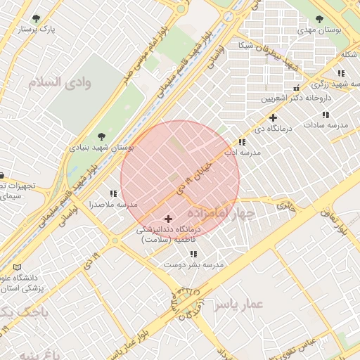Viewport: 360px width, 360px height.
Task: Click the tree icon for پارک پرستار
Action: pos(36,18)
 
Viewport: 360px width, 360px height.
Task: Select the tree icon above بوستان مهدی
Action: pos(319,19)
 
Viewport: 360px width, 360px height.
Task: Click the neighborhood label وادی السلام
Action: pos(60,82)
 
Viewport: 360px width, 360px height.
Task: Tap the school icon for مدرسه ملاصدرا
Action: pos(113,193)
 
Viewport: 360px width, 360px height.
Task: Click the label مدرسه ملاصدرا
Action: pos(112,205)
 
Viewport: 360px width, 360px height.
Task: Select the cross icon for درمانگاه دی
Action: pos(273,117)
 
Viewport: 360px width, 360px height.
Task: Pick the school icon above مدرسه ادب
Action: pos(243,141)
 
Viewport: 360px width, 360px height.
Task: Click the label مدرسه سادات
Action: pos(326,124)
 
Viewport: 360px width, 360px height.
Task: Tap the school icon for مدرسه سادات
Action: pos(326,114)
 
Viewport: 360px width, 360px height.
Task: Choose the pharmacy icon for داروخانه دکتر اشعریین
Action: pos(296,89)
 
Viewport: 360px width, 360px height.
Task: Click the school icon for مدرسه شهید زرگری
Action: pos(341,73)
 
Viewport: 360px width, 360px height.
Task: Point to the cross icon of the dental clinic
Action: pos(168,219)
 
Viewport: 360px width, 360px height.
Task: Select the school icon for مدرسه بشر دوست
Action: pos(193,254)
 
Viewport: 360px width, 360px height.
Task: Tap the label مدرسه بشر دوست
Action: pos(193,265)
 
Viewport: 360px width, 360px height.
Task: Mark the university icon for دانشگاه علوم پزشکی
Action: pos(18,267)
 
